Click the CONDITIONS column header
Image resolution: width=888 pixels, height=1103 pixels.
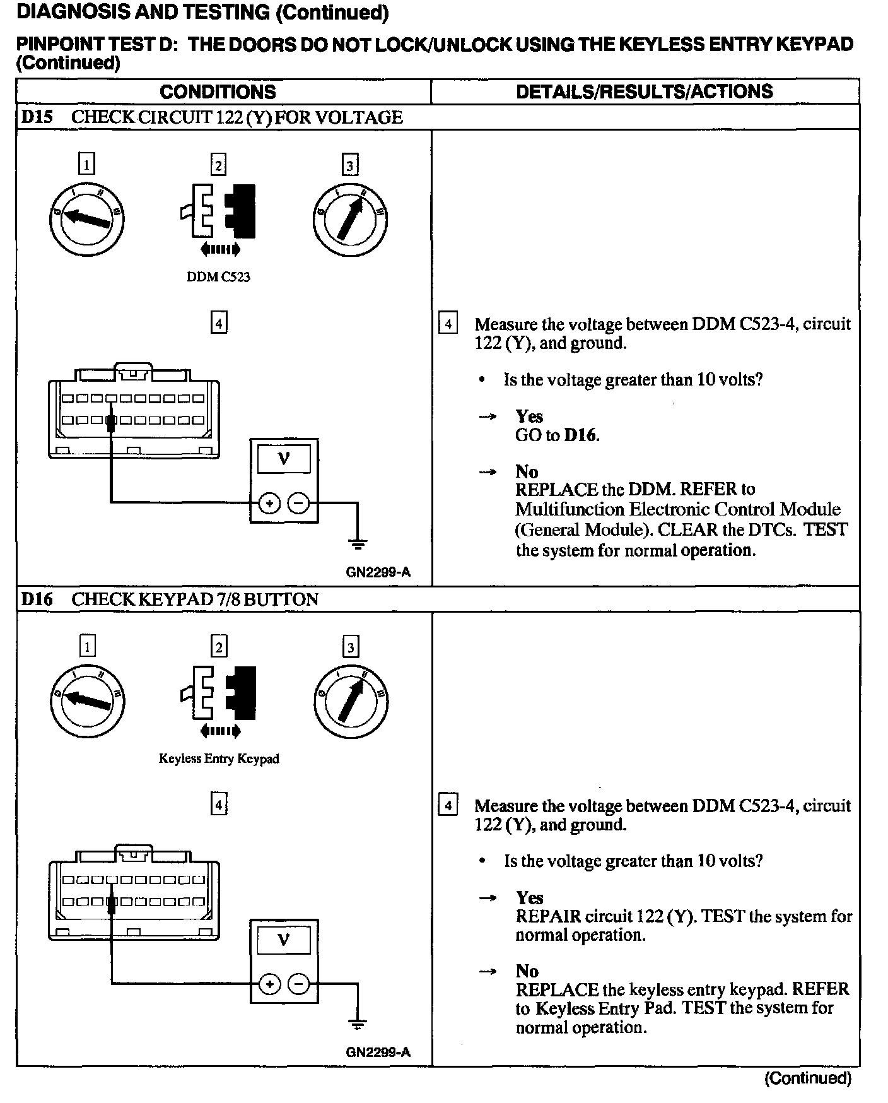click(218, 92)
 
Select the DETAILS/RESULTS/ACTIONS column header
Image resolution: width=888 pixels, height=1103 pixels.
click(644, 92)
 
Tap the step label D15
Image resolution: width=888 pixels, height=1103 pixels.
click(37, 117)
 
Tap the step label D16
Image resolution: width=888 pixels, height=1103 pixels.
click(37, 599)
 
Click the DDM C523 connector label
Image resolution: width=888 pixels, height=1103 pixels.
click(218, 277)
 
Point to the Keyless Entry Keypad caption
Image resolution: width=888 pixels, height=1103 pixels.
click(218, 758)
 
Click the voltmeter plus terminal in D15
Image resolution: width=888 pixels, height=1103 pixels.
click(269, 503)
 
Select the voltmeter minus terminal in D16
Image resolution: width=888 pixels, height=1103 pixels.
click(298, 984)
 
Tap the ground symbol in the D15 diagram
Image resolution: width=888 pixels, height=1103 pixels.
click(358, 543)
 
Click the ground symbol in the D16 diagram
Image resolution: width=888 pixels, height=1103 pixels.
click(358, 1025)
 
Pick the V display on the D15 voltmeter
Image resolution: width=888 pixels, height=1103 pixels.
click(284, 459)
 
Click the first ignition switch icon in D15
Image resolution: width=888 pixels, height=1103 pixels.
click(86, 219)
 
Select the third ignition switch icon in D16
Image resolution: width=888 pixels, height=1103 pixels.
click(350, 700)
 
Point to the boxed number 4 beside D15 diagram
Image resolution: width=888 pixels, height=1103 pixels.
click(218, 323)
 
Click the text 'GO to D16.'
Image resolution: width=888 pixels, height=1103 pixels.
click(557, 435)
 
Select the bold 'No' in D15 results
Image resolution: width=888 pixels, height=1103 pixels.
click(527, 471)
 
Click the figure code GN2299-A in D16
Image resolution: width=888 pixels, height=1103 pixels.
click(378, 1052)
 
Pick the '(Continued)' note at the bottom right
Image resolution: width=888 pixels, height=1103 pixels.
click(808, 1078)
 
